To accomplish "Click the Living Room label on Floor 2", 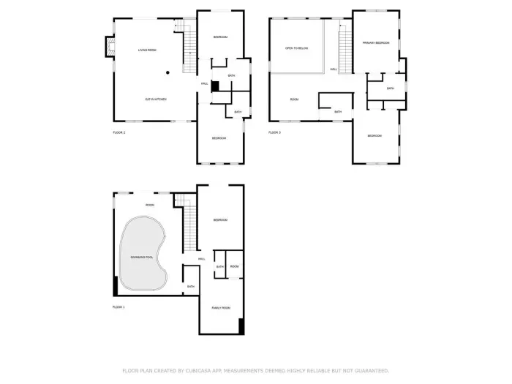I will pos(147,50).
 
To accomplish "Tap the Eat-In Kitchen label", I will pos(155,99).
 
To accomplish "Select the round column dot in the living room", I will pos(167,72).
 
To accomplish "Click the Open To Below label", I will pos(295,48).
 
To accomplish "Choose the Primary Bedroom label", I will pos(376,43).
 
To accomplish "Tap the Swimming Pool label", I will pos(142,258).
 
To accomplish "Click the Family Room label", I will pos(221,308).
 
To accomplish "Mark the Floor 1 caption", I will pos(118,307).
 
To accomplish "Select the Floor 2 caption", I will pos(118,132).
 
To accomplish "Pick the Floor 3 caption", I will pos(274,132).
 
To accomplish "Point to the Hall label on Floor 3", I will pos(334,69).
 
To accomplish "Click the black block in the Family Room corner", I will pos(241,326).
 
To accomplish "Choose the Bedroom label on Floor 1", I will pos(221,220).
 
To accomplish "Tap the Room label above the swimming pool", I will pos(149,205).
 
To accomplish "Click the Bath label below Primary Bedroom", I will pos(391,89).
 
